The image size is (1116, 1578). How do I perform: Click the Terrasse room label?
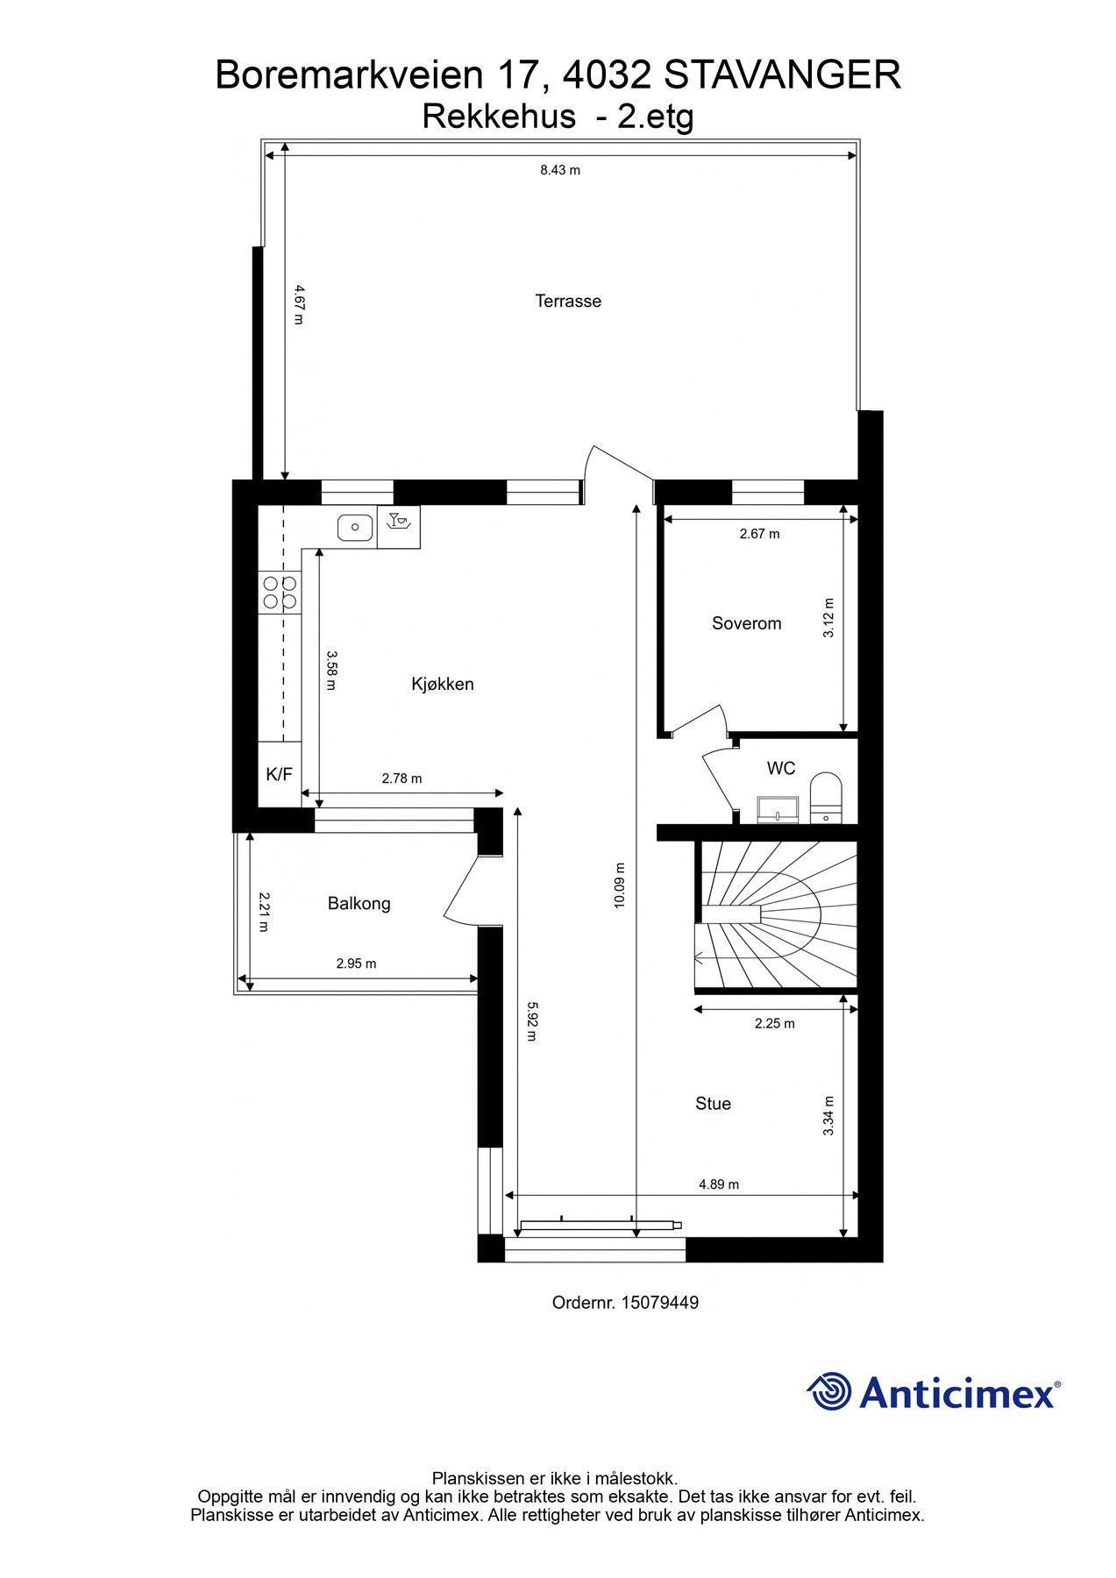[x=568, y=301]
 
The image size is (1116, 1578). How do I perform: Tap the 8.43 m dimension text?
[x=559, y=170]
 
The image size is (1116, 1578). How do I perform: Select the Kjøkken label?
[x=442, y=684]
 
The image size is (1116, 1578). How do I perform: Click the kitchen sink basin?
[x=355, y=527]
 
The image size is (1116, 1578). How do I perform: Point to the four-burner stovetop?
[x=280, y=592]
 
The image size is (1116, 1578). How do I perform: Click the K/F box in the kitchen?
[x=279, y=774]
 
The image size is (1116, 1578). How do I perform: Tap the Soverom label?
[x=746, y=623]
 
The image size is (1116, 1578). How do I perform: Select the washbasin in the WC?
[x=778, y=809]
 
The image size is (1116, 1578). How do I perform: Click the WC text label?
[x=780, y=768]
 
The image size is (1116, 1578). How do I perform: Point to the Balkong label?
[x=359, y=903]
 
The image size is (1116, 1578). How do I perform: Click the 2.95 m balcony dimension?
[x=356, y=963]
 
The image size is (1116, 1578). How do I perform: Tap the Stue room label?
[x=713, y=1104]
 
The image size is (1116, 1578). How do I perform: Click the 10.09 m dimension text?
[x=619, y=885]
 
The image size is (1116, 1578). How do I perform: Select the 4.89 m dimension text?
[x=718, y=1184]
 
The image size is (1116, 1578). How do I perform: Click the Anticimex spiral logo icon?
[x=828, y=1391]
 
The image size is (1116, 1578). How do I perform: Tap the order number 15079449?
[x=659, y=1303]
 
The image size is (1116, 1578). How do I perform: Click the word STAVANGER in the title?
[x=782, y=75]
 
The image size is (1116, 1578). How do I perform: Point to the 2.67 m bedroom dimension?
[x=759, y=533]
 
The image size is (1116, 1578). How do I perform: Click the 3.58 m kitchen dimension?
[x=331, y=670]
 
